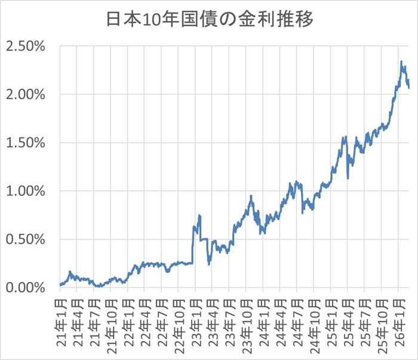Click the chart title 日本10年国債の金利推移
209,19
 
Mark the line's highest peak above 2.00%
402,61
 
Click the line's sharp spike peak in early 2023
199,215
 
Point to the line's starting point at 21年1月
60,285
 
